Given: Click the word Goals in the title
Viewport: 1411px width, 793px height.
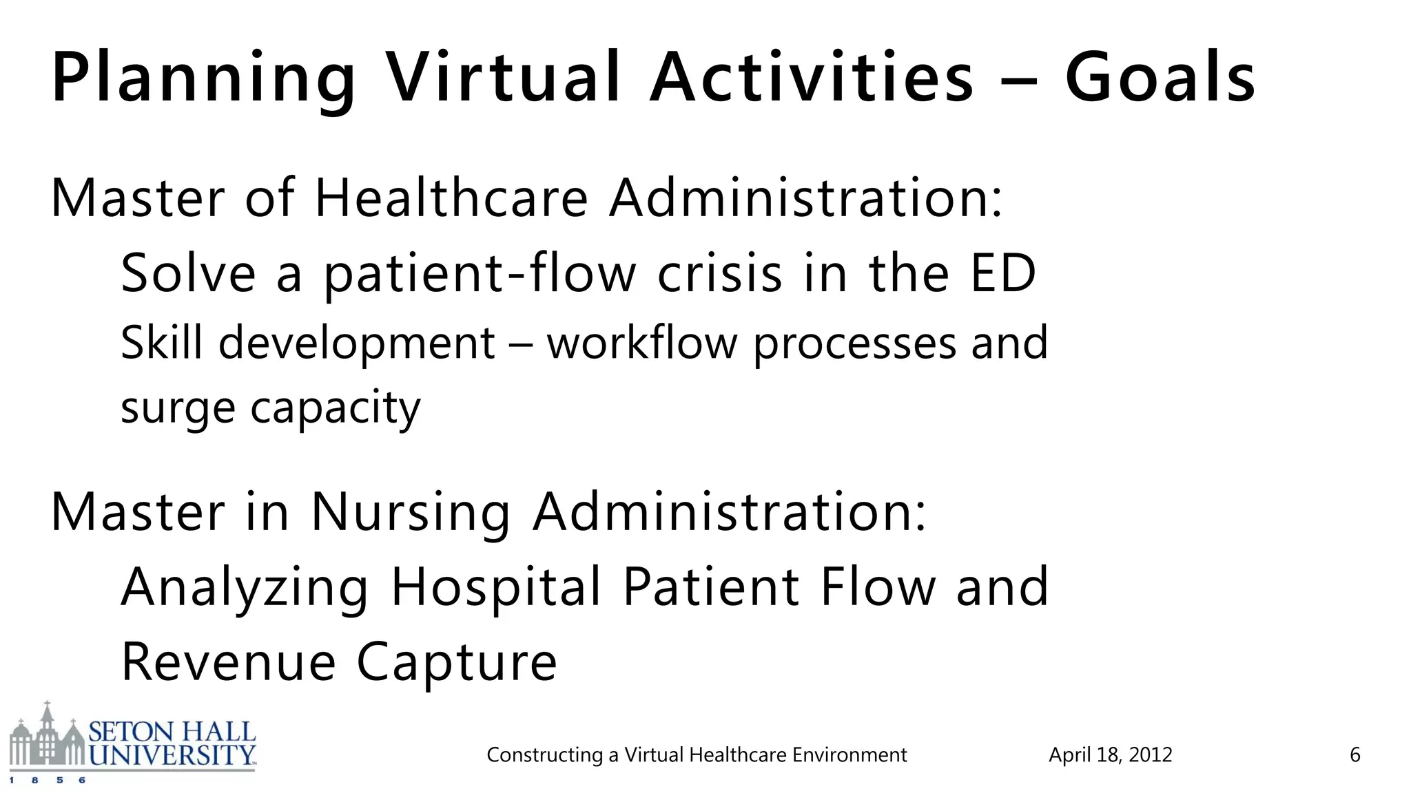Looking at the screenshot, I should [1160, 77].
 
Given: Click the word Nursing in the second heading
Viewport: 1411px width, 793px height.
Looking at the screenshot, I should [411, 512].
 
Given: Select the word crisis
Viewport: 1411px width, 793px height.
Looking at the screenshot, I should [720, 274].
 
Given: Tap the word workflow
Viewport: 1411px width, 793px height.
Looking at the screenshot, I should [642, 343].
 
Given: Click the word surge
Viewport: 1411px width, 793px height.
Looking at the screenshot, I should [178, 409].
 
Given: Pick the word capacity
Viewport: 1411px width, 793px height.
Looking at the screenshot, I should [335, 409].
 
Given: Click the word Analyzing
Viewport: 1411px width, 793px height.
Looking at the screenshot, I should [245, 588].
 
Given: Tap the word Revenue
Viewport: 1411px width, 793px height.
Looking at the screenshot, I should [229, 662].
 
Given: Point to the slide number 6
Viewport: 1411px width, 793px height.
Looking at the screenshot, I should [1355, 755].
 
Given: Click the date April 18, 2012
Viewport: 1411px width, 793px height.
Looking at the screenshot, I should [1110, 755].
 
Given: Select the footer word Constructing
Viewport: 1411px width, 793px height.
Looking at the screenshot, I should [544, 755].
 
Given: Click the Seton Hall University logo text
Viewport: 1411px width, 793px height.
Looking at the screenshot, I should [172, 743].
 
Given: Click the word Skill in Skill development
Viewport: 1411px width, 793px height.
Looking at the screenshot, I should [161, 343].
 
